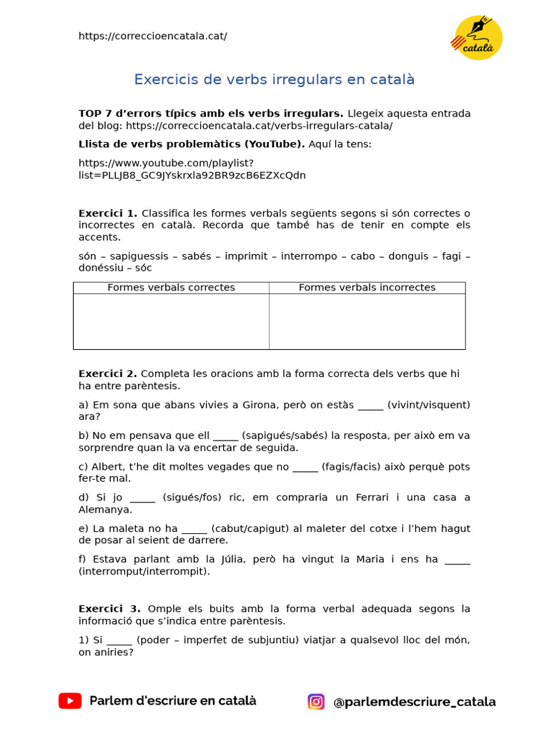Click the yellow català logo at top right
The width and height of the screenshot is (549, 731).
[x=478, y=38]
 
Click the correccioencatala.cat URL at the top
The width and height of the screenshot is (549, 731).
[x=152, y=36]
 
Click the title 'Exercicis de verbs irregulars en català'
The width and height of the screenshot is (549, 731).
[x=274, y=79]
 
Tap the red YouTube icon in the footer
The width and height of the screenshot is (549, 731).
[x=70, y=701]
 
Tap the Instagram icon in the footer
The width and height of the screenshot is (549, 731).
[x=316, y=702]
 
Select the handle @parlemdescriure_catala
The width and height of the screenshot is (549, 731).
[x=414, y=702]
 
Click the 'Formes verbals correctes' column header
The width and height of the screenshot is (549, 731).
[x=171, y=288]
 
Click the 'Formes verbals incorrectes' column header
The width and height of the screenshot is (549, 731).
[x=367, y=288]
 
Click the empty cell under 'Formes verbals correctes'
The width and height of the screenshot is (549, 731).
[x=171, y=321]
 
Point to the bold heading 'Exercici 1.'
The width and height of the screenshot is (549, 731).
[x=107, y=213]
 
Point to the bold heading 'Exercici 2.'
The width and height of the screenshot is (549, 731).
[x=107, y=373]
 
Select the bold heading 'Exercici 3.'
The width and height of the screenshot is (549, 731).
[x=109, y=608]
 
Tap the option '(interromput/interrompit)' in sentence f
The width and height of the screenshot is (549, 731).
[x=144, y=571]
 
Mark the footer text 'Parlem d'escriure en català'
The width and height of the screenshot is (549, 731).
[x=172, y=701]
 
